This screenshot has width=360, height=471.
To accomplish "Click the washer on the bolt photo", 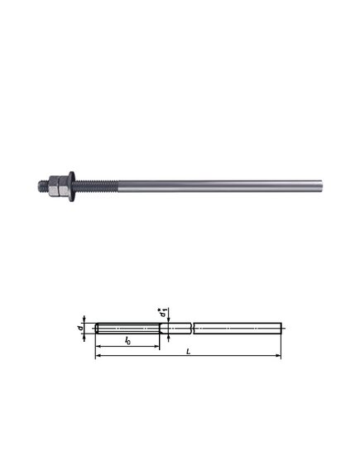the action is (72, 186).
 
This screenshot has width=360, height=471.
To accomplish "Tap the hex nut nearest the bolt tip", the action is (54, 186).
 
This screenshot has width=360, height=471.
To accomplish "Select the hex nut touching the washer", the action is (64, 186).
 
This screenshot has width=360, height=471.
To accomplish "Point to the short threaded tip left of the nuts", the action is (44, 186).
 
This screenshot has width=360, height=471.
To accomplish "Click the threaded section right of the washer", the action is (97, 186).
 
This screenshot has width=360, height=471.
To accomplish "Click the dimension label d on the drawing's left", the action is (80, 328).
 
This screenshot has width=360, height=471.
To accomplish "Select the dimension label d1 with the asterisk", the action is (164, 312).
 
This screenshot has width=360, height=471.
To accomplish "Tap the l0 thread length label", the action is (127, 340).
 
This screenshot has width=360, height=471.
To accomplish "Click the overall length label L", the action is (189, 351).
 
